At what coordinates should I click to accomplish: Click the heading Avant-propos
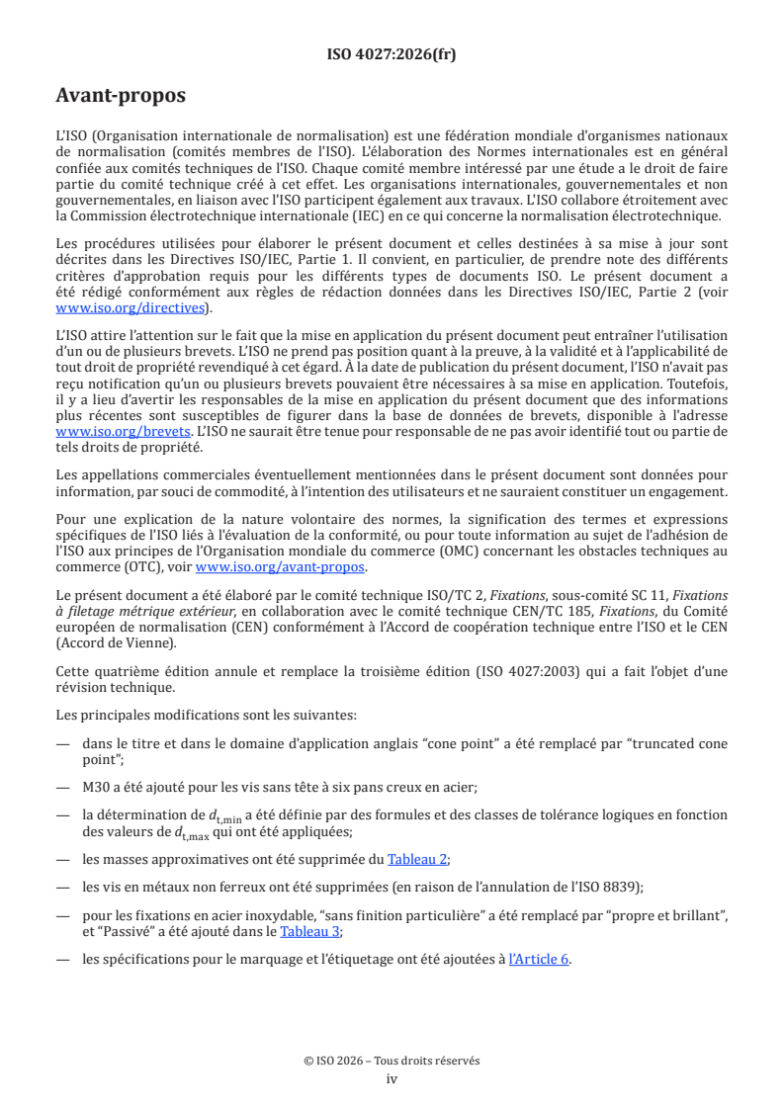click(x=121, y=97)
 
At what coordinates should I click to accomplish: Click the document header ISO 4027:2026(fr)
click(x=392, y=55)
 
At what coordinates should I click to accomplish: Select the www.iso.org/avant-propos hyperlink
click(x=281, y=567)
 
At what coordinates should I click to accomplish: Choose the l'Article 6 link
click(x=539, y=959)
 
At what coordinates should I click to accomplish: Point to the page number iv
click(x=392, y=1078)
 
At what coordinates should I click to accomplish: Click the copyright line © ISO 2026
click(x=392, y=1061)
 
